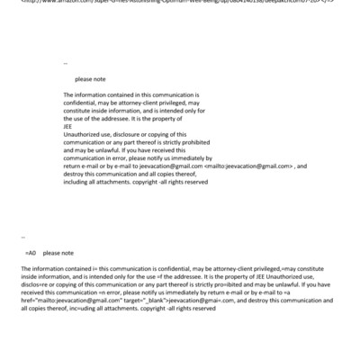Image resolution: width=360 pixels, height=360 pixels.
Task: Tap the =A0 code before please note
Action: [32, 253]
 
